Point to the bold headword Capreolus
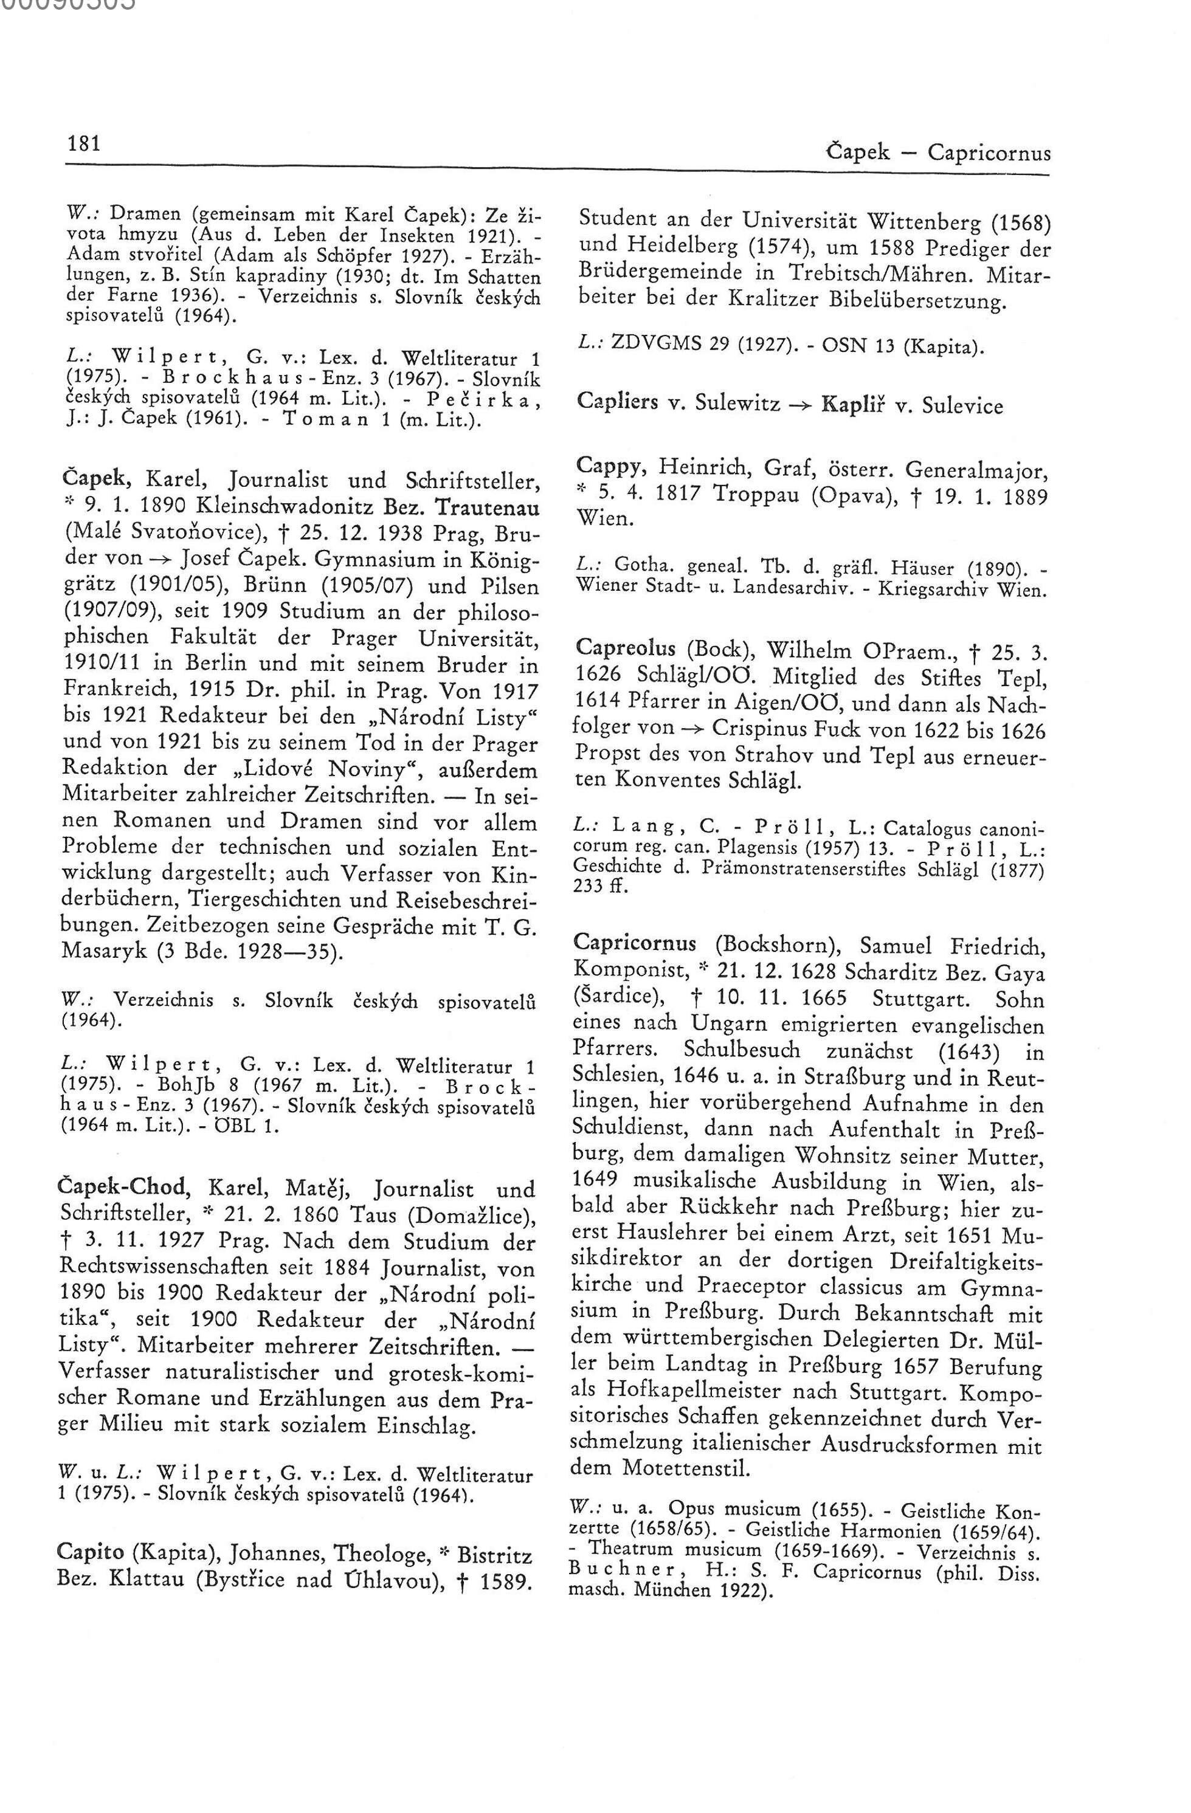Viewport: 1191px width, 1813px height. tap(626, 647)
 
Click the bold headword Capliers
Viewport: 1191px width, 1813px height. tap(617, 403)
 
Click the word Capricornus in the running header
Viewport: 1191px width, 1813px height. tap(989, 153)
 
